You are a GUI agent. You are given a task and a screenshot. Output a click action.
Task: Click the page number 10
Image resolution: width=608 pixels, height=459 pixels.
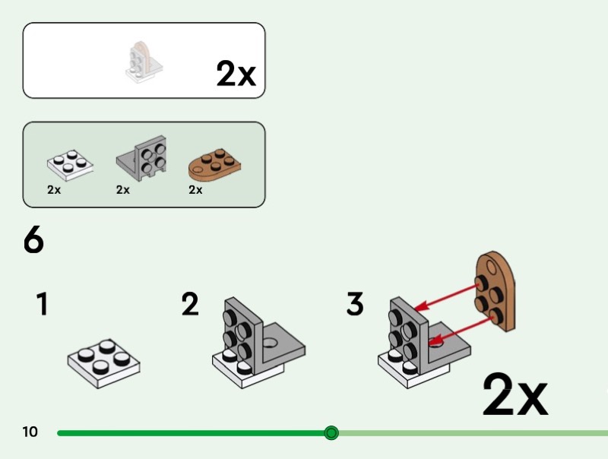(x=30, y=432)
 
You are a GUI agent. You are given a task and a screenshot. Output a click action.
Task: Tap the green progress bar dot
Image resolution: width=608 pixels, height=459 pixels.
(x=331, y=432)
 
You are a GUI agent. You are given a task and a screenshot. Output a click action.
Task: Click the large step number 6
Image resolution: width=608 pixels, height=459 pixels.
(x=33, y=239)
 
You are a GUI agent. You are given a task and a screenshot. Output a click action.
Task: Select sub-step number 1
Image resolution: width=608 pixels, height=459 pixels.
(x=43, y=304)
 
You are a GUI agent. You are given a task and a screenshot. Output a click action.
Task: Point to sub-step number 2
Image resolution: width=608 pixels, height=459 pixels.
(x=190, y=304)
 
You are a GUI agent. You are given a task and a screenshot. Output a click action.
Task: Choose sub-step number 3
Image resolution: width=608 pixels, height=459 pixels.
(x=355, y=304)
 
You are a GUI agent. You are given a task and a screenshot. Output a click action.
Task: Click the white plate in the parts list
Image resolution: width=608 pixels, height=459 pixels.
(x=70, y=166)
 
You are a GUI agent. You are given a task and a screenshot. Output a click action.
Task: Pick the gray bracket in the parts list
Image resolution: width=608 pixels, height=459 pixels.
(x=142, y=158)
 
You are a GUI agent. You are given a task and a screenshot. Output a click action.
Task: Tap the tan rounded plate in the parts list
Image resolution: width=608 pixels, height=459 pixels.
(x=214, y=166)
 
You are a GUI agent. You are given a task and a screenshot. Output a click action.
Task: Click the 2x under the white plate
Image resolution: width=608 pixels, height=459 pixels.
(x=54, y=189)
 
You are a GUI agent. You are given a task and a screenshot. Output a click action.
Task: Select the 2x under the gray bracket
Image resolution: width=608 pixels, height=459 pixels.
(x=123, y=189)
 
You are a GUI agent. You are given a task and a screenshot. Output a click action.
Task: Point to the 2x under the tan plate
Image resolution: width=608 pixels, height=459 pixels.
(x=195, y=189)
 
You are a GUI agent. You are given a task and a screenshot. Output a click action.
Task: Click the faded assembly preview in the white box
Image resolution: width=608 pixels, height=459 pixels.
(x=144, y=62)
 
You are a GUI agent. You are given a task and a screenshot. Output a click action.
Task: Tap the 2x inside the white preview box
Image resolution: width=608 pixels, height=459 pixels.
(x=236, y=73)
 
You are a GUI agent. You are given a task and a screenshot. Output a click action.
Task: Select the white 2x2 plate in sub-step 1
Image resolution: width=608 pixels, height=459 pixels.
(x=103, y=363)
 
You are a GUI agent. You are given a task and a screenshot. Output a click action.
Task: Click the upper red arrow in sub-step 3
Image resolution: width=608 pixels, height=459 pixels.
(x=446, y=298)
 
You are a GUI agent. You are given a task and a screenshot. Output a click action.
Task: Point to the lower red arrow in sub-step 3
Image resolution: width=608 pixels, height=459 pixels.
(x=461, y=331)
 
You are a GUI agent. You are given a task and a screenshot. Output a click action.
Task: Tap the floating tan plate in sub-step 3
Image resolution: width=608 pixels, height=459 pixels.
(x=496, y=291)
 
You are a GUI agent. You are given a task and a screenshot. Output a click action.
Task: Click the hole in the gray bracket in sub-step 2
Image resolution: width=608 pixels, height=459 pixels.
(x=271, y=342)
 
